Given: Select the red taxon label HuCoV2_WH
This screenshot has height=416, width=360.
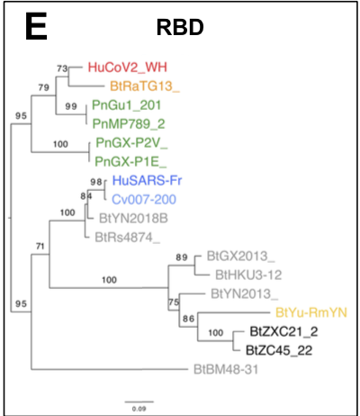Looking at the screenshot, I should point(127,67).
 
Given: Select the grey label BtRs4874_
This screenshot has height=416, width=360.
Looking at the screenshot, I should point(128,238).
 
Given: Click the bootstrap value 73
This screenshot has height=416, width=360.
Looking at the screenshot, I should point(62,68).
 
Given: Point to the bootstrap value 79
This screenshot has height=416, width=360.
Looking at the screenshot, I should point(40,86).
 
